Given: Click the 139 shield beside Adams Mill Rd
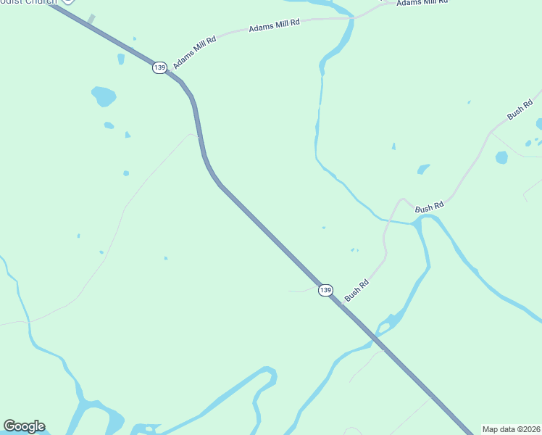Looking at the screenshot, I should pos(159,67).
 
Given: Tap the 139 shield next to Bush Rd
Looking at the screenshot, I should pos(326,290).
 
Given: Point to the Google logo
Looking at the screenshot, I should pos(24,426).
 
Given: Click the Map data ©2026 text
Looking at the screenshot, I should pos(512,429).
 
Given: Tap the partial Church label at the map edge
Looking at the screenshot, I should pos(29,2).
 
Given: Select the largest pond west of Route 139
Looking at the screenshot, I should pos(104,96).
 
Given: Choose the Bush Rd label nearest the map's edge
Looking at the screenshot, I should pos(520,111).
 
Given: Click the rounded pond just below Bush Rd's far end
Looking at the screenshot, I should pos(501,157).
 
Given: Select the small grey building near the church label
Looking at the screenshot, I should pos(91,19).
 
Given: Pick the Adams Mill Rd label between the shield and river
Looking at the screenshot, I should pos(274,26).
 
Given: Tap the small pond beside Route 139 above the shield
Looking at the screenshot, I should pos(121,59).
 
